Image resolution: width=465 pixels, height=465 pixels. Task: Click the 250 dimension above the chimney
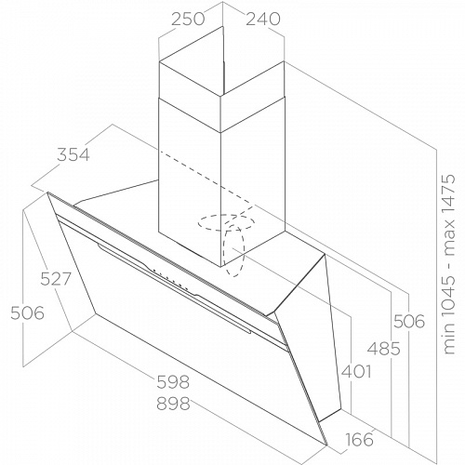188,19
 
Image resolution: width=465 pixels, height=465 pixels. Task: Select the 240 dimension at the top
263,19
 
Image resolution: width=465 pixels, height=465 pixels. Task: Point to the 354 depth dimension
73,154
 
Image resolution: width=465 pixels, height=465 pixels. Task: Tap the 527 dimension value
56,279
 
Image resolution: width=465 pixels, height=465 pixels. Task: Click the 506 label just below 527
27,312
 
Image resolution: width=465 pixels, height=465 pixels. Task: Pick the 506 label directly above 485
409,321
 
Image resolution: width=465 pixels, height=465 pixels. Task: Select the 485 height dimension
384,349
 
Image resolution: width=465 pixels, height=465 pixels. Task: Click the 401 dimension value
356,371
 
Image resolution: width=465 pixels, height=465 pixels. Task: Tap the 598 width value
173,381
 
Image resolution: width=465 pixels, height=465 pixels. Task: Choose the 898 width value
173,404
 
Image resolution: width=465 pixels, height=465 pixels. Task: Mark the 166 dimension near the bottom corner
359,439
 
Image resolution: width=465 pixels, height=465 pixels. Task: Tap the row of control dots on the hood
170,279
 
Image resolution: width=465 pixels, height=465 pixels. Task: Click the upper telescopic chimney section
221,79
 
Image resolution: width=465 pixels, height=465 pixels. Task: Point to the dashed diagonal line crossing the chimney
206,179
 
